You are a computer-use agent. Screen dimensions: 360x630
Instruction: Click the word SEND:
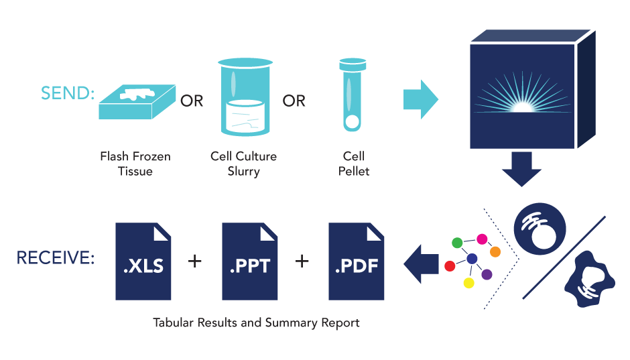click(68, 93)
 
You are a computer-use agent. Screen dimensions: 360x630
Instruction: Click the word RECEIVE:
click(56, 258)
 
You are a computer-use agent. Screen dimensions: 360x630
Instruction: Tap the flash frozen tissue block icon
click(137, 101)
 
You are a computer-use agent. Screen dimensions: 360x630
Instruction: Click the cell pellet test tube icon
click(352, 94)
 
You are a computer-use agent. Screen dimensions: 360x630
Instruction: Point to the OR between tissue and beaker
click(192, 101)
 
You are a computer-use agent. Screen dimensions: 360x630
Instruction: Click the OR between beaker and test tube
click(294, 101)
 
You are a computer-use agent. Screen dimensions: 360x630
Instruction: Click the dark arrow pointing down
click(521, 168)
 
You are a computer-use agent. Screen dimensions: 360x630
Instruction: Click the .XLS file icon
click(143, 261)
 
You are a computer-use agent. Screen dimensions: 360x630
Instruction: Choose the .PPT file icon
click(249, 261)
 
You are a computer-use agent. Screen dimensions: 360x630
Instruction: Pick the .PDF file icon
click(356, 261)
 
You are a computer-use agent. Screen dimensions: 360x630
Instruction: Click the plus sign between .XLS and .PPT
click(195, 260)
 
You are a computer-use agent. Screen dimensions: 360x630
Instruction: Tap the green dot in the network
click(456, 241)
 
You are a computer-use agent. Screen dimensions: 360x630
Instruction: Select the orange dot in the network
click(495, 251)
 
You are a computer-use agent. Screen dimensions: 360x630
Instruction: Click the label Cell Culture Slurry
click(243, 164)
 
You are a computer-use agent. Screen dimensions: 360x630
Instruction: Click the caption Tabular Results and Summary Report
click(256, 323)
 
